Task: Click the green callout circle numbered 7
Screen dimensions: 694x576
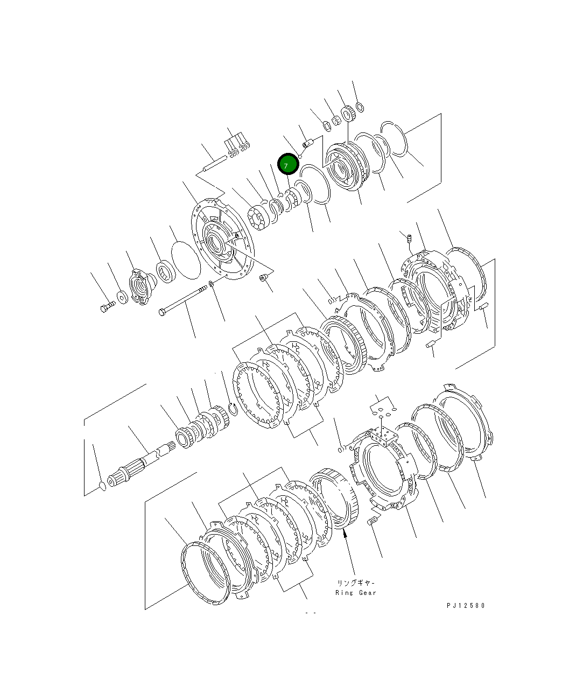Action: click(x=287, y=165)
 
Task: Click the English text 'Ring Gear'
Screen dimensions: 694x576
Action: click(x=355, y=593)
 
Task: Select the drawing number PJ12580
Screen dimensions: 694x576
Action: click(x=466, y=605)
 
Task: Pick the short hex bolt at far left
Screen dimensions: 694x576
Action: click(x=106, y=307)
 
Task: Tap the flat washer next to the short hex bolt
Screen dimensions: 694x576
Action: click(x=122, y=296)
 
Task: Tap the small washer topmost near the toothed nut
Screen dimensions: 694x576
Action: click(x=360, y=107)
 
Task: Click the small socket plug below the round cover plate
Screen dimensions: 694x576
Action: click(x=263, y=278)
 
